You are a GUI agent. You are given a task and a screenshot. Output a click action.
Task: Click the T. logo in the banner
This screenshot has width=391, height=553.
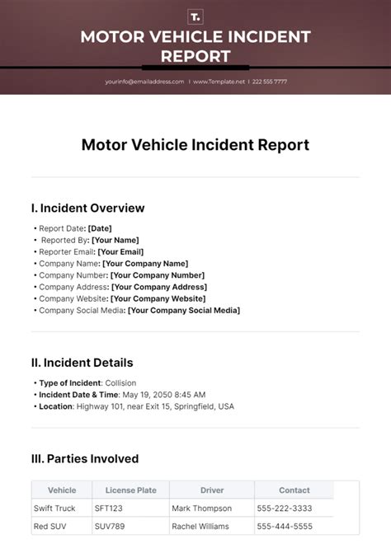(x=195, y=16)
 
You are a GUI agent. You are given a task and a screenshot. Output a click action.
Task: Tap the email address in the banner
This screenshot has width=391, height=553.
(x=144, y=82)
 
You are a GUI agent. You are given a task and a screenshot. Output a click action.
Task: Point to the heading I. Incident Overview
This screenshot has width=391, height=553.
(x=87, y=208)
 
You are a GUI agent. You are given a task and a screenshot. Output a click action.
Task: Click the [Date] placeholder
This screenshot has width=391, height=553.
(x=99, y=228)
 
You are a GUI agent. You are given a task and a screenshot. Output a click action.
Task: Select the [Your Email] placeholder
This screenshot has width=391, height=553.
(x=120, y=251)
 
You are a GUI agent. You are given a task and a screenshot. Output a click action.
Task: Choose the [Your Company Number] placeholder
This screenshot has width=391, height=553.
(x=157, y=275)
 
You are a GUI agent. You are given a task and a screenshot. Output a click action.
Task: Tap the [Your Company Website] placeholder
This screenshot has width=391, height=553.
(x=158, y=298)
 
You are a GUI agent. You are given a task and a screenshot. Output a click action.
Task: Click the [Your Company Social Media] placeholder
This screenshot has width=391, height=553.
(x=184, y=310)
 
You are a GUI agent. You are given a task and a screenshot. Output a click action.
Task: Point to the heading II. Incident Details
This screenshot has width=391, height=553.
(x=82, y=363)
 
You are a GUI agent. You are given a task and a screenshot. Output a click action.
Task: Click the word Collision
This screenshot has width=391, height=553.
(x=121, y=383)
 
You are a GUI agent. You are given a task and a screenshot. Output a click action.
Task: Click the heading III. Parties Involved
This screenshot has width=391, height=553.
(x=85, y=459)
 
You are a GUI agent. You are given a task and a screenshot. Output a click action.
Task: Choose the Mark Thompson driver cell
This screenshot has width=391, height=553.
(x=202, y=508)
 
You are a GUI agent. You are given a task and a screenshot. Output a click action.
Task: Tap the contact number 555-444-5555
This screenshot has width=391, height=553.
(x=285, y=526)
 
